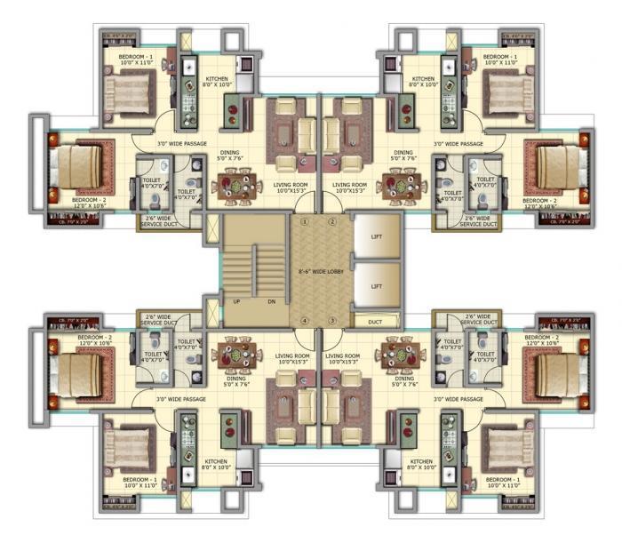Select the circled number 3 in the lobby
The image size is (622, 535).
(332, 320)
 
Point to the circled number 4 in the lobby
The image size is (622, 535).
(305, 320)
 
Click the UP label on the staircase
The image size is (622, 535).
(236, 301)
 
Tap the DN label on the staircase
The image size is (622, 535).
(272, 301)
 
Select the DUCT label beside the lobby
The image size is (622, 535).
(375, 321)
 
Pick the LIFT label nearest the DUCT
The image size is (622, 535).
(376, 286)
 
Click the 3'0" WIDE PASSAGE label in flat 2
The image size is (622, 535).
(459, 143)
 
